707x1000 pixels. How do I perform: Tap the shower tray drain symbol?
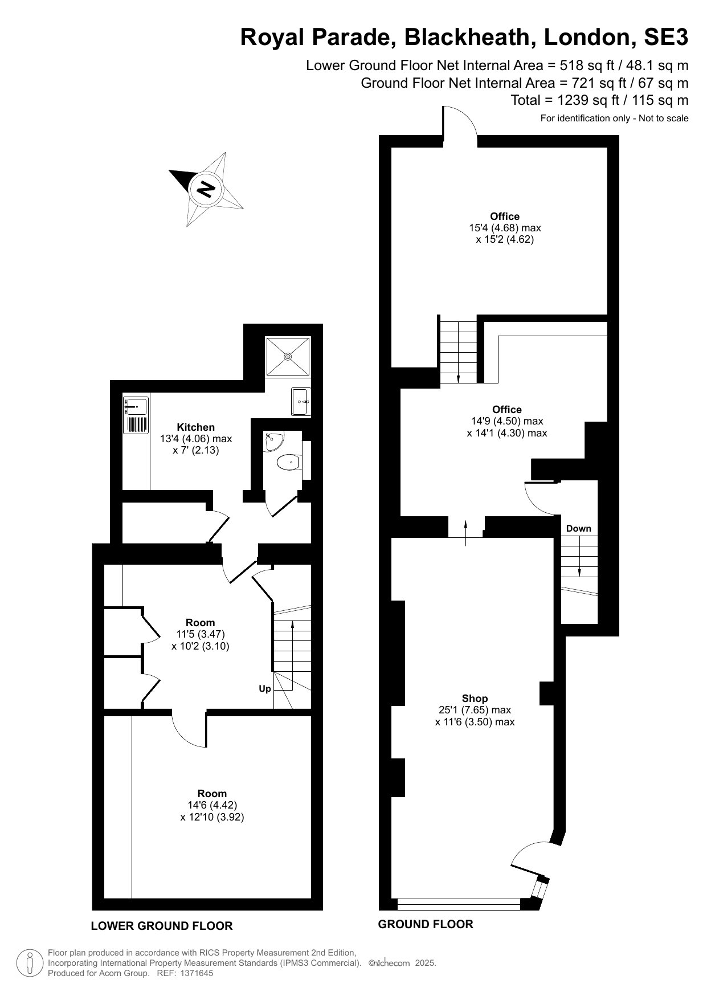point(288,357)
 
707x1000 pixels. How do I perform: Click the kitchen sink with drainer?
point(136,415)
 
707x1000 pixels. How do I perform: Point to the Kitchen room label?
point(196,427)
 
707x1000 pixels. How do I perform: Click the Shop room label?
point(475,699)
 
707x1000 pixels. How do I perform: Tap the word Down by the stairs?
point(579,529)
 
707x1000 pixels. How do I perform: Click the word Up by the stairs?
point(265,689)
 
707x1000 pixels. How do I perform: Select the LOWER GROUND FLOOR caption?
point(162,926)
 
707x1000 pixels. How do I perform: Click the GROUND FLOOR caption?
point(426,924)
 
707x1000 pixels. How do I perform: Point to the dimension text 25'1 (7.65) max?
point(475,711)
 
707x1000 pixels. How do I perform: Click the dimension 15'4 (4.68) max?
point(505,228)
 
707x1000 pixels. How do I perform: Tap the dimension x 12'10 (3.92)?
point(212,817)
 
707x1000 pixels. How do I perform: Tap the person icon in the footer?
point(30,963)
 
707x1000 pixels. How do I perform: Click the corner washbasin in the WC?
point(274,441)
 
